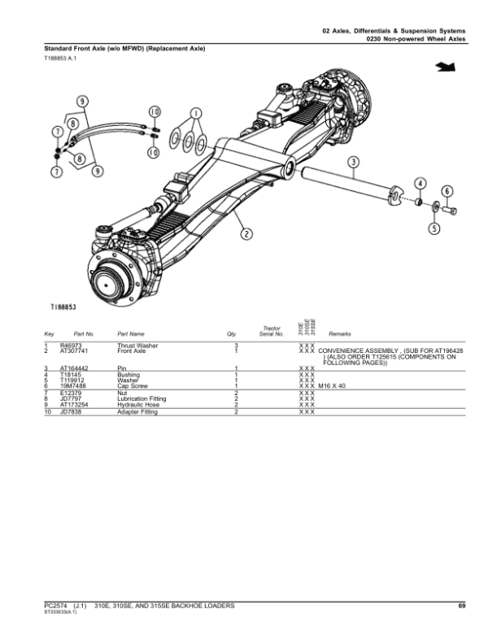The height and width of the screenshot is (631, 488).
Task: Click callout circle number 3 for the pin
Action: point(353,162)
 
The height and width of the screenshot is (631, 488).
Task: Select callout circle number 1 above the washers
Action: point(195,114)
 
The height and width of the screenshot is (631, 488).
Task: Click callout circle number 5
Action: point(434,228)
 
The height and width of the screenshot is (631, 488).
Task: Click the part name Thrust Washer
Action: point(137,345)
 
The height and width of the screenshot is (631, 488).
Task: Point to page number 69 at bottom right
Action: point(460,605)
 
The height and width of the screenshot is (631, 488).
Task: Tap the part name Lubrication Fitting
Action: point(142,398)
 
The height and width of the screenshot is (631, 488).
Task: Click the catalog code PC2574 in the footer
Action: point(57,605)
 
